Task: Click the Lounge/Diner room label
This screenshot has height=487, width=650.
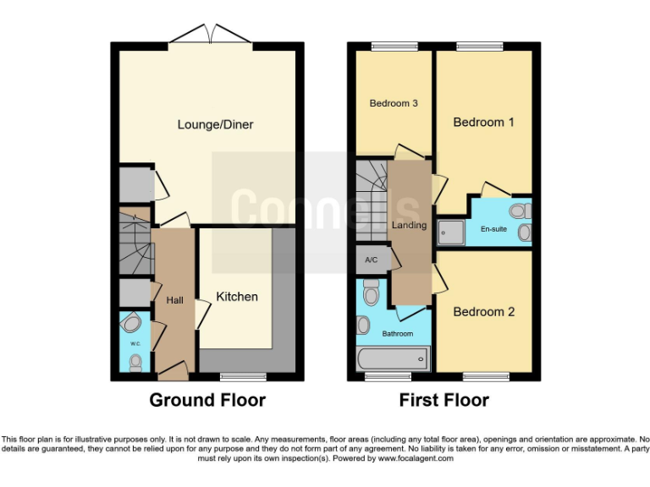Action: click(215, 124)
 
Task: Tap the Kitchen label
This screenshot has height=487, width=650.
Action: click(237, 297)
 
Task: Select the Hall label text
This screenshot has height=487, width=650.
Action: click(175, 300)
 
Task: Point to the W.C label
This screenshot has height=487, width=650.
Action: click(135, 343)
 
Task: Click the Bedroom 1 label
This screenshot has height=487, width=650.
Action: click(483, 123)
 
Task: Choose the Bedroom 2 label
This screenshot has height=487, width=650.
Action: click(483, 312)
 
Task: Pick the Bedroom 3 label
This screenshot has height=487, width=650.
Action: click(394, 104)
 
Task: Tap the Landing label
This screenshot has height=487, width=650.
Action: click(409, 226)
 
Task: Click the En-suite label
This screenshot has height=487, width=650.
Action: click(493, 229)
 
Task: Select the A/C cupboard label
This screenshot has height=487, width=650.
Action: click(371, 260)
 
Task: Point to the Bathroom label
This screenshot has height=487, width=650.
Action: click(397, 334)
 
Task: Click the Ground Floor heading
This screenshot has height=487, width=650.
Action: click(207, 400)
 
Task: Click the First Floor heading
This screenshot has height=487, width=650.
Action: click(443, 400)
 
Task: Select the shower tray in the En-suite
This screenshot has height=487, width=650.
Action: click(449, 229)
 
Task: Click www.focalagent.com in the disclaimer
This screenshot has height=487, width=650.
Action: click(415, 458)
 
